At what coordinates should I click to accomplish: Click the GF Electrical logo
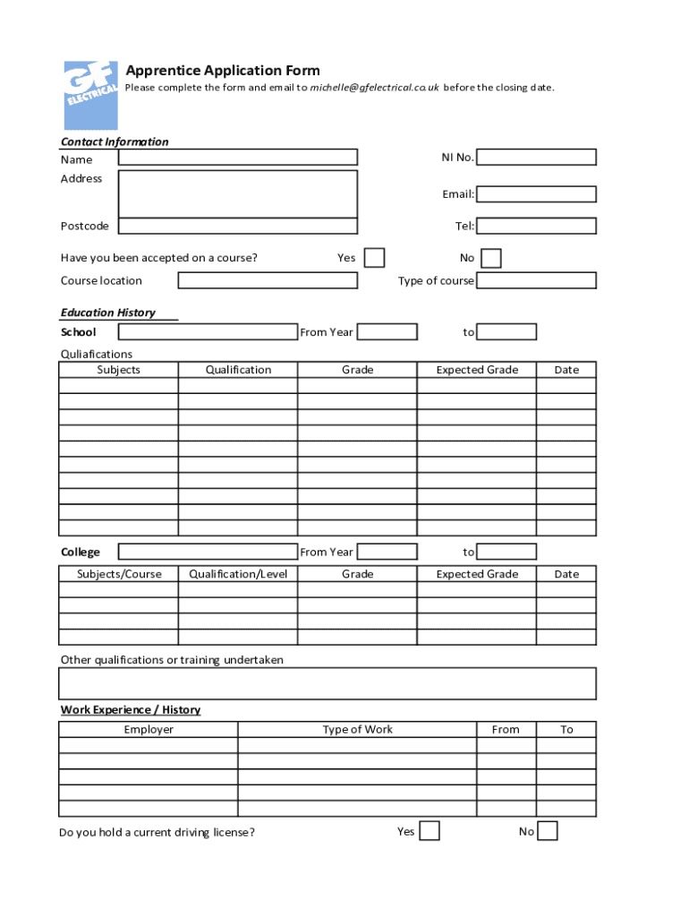(x=90, y=96)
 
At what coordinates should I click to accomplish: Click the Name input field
(x=237, y=158)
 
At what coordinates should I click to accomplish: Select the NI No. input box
(x=536, y=158)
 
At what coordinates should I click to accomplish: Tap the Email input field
(x=536, y=194)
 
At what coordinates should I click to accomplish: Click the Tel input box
(x=536, y=226)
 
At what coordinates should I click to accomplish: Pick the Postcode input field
(x=237, y=226)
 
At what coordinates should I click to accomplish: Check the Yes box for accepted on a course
(x=375, y=258)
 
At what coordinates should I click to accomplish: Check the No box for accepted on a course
(x=491, y=259)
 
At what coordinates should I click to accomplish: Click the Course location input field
(x=268, y=280)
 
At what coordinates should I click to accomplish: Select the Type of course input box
(x=536, y=280)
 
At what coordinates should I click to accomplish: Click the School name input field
(x=208, y=332)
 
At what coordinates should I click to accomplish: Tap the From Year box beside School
(x=387, y=332)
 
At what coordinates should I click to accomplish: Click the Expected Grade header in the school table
(x=477, y=370)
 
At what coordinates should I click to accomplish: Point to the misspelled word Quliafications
(x=97, y=354)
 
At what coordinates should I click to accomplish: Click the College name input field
(x=208, y=552)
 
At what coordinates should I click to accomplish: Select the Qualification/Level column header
(x=238, y=574)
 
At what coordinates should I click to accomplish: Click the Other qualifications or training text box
(x=327, y=683)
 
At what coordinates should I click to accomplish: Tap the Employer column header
(x=149, y=730)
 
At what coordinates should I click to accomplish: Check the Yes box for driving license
(x=430, y=831)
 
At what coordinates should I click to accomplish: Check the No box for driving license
(x=548, y=831)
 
